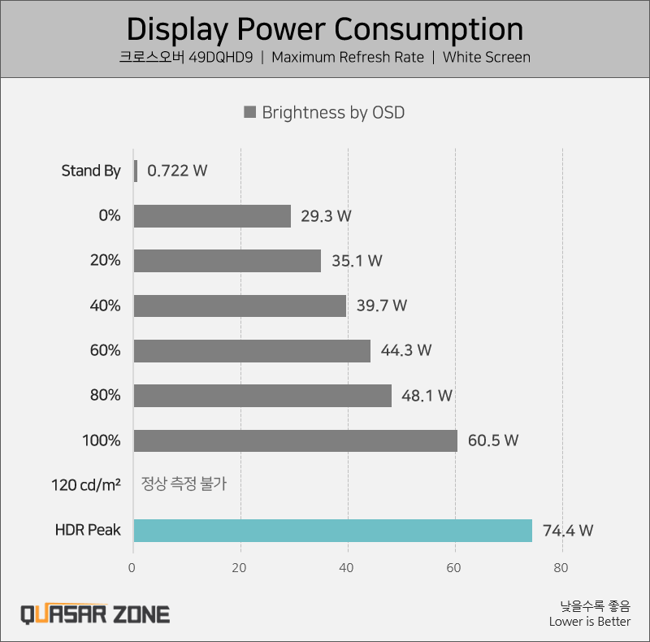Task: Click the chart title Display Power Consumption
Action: tap(325, 29)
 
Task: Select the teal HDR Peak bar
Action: tap(332, 531)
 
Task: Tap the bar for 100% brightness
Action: tap(295, 440)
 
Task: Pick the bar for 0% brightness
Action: tap(212, 216)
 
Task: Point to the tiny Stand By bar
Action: tap(135, 171)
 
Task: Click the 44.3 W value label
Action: tap(406, 351)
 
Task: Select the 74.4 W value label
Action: tap(568, 531)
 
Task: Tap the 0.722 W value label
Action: tap(177, 171)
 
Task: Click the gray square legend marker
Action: tap(250, 112)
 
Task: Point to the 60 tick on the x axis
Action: tap(455, 568)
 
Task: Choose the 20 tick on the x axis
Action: tap(240, 568)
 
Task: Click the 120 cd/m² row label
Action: tap(85, 485)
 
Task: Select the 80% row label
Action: tap(106, 396)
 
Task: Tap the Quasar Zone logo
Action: tap(95, 614)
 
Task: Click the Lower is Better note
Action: tap(589, 622)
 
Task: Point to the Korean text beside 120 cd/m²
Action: tap(184, 484)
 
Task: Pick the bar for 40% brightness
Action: tap(240, 306)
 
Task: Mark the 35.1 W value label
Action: tap(357, 261)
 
